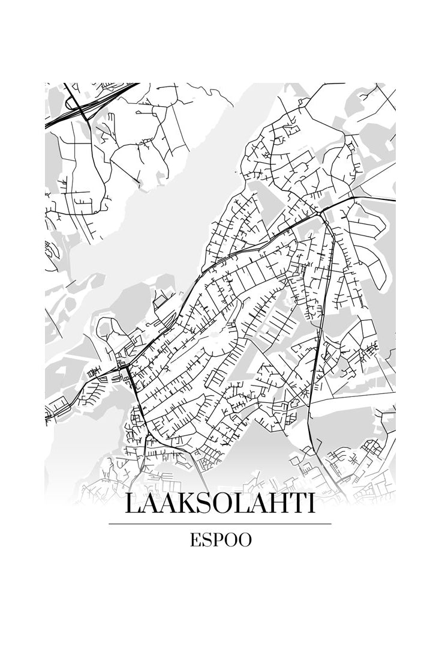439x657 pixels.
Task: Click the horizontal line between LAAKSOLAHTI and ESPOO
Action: pyautogui.click(x=220, y=524)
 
